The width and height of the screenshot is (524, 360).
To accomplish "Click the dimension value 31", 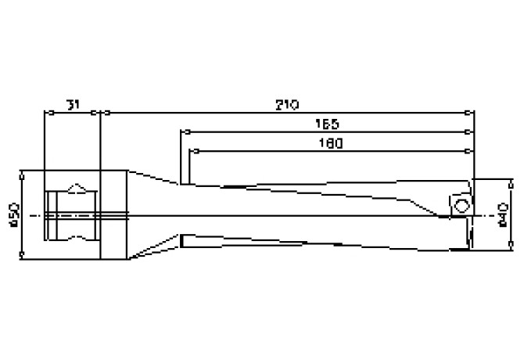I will [x=73, y=105].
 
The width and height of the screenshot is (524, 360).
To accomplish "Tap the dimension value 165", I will [x=327, y=124].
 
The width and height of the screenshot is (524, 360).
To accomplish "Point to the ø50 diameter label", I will [x=13, y=213].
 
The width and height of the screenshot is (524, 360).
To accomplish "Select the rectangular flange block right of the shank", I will [x=114, y=214].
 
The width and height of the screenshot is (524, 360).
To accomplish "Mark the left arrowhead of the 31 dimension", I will [x=47, y=113].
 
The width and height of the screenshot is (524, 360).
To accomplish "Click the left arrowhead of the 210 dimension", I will [x=104, y=113].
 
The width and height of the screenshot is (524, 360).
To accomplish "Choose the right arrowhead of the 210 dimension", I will [x=471, y=113].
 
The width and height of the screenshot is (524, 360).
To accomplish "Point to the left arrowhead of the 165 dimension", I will [x=184, y=131].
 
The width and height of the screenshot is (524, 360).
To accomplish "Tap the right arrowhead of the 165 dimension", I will [x=471, y=131].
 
